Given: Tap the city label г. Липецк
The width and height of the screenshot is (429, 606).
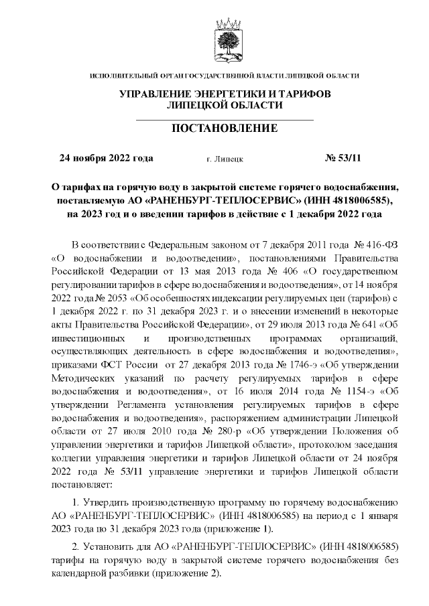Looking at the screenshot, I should tap(225, 159).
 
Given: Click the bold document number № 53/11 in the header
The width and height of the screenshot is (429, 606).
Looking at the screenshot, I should tap(343, 159).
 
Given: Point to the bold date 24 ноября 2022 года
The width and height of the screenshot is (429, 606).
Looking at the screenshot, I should tap(107, 159).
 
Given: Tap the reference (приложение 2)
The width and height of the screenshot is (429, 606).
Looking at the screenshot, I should tap(200, 574).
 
